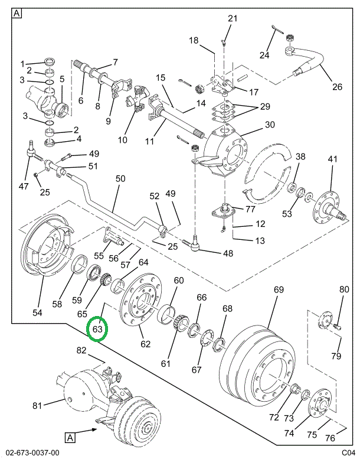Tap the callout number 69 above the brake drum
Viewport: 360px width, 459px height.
(x=279, y=289)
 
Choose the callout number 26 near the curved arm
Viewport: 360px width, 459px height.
(x=336, y=87)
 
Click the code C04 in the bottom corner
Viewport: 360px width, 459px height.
(x=348, y=453)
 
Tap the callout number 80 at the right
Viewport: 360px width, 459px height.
(x=344, y=289)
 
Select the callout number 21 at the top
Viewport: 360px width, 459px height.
(x=232, y=18)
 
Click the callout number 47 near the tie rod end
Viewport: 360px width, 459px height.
(x=24, y=187)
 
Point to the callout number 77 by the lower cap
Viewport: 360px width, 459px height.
(x=250, y=209)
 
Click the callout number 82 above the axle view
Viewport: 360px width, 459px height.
(x=81, y=350)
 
